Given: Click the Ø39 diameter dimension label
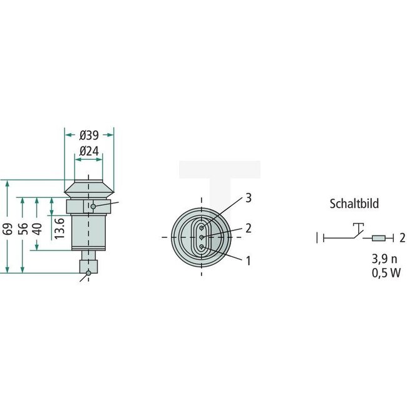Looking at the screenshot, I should (x=89, y=135).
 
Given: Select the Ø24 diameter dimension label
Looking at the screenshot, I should (x=89, y=151).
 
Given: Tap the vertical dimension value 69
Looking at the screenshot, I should (x=8, y=227).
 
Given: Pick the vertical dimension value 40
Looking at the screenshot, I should (x=39, y=227).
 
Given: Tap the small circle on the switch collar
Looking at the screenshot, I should (x=93, y=206).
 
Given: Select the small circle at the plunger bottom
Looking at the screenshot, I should (x=88, y=272).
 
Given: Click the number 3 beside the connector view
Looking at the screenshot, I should (x=249, y=198).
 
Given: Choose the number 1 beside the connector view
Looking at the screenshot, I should (x=249, y=259).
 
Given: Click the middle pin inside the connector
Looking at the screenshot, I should (x=201, y=237).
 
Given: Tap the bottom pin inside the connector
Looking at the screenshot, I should (x=201, y=247).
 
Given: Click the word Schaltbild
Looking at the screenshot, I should (x=354, y=203).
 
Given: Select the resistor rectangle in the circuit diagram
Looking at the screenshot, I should (x=379, y=238).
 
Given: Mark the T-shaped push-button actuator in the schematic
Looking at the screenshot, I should (x=358, y=227).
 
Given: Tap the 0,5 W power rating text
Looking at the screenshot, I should (x=385, y=272).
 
